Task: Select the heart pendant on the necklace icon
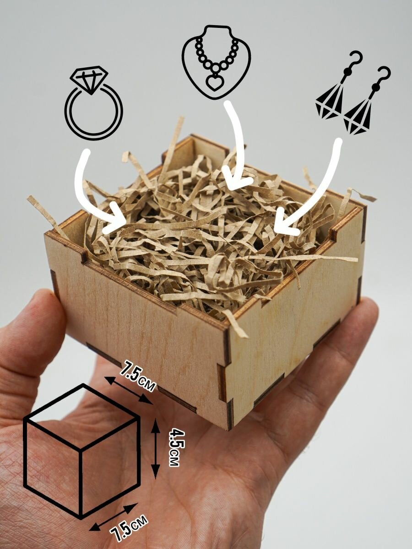pyautogui.click(x=213, y=83)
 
